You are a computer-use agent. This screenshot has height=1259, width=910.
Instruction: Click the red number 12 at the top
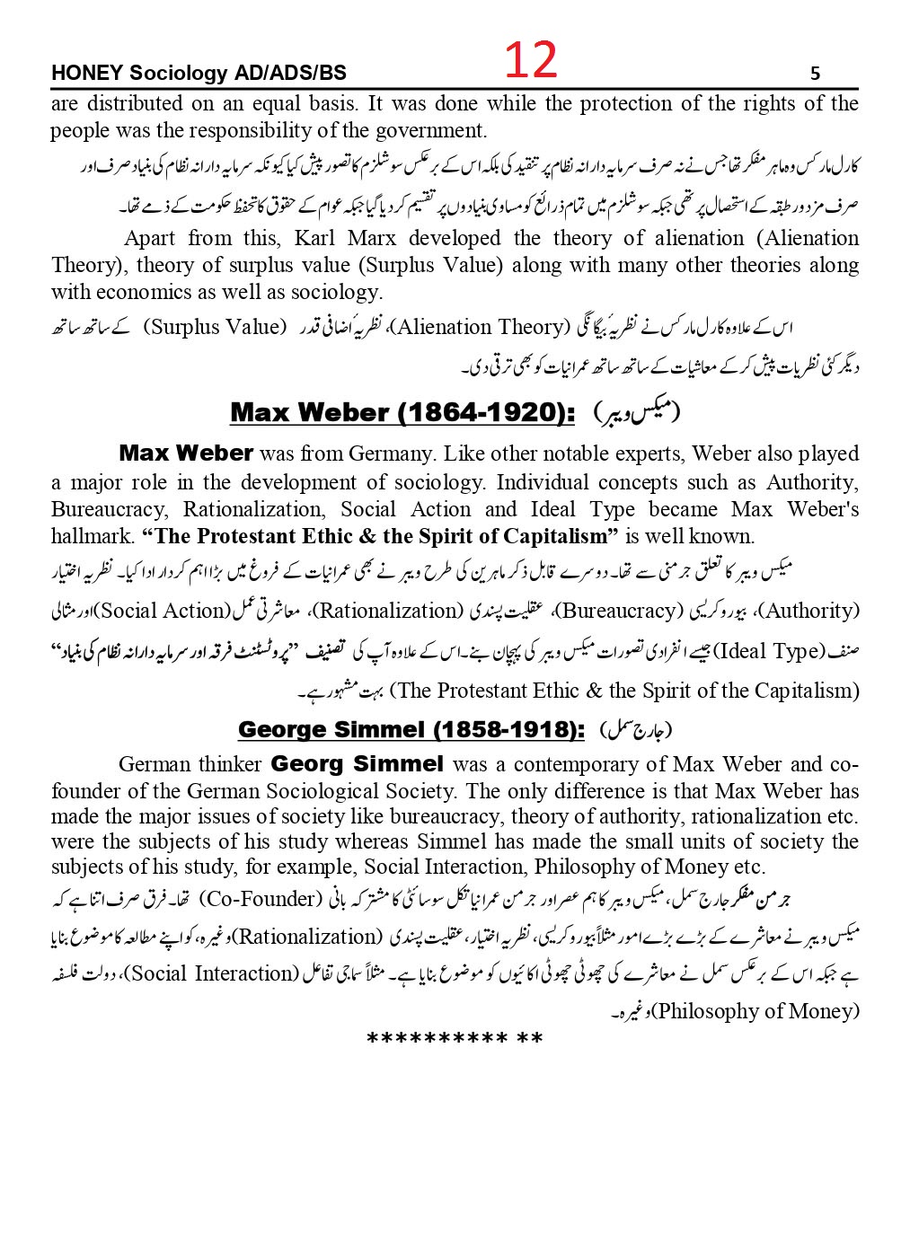[530, 62]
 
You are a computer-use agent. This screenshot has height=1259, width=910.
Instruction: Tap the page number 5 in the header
[815, 74]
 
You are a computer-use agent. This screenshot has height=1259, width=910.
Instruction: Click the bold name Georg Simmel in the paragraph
[357, 764]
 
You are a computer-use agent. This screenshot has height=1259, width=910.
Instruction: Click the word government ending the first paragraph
[434, 130]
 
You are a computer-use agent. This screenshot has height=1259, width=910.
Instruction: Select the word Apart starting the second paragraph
[149, 238]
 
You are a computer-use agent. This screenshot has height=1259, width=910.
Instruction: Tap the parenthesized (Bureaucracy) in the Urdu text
[617, 612]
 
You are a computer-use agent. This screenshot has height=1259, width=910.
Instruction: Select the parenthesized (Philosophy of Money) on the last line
[755, 1010]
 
